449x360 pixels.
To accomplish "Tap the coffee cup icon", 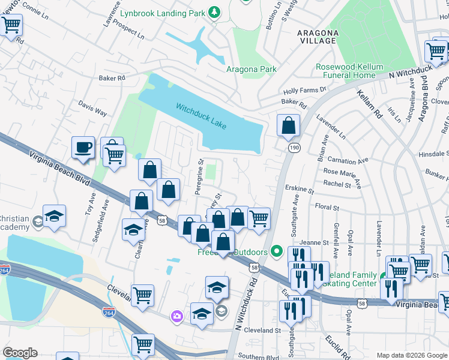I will [x=83, y=147].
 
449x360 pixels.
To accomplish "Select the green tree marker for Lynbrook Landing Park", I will [x=214, y=13].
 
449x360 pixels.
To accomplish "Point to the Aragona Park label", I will [x=252, y=69].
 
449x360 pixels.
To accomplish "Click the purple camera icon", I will [x=176, y=316].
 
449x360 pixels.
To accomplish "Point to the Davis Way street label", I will [x=92, y=108].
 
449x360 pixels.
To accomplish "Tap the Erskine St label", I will [x=300, y=190].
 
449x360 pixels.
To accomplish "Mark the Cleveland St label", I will [x=261, y=330].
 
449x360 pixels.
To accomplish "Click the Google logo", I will [x=20, y=352].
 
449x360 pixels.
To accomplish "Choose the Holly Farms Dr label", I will [x=304, y=91].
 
